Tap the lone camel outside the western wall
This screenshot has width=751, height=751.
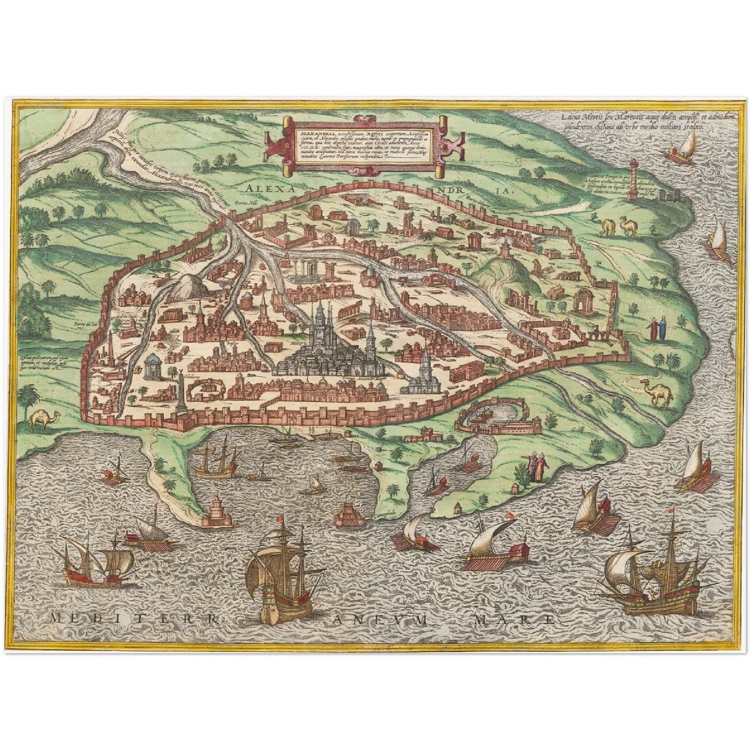coord(46,419)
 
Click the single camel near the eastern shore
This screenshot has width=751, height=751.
coord(658,393)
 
